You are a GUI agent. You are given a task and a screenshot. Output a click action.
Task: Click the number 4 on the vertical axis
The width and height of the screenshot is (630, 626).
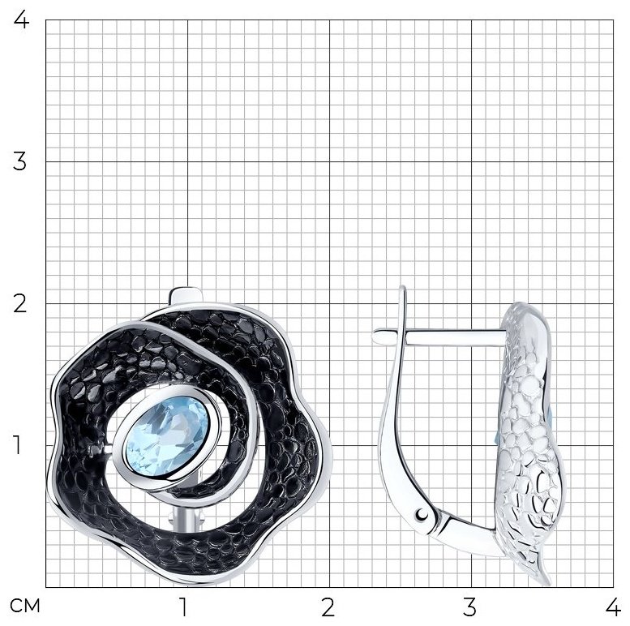tap(21, 19)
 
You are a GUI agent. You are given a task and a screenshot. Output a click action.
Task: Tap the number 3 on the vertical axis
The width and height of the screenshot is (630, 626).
tap(19, 161)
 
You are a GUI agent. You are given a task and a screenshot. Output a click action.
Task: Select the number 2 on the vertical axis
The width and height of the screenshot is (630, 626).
tap(20, 303)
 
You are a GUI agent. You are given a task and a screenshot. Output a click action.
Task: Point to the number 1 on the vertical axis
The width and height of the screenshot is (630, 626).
tap(17, 445)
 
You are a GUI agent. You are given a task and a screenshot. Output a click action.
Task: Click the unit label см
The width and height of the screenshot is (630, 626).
tap(25, 606)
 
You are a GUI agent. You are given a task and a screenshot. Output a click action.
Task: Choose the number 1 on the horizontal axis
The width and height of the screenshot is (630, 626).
tap(183, 607)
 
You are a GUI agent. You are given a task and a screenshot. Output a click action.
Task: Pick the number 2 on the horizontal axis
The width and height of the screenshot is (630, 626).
tap(328, 607)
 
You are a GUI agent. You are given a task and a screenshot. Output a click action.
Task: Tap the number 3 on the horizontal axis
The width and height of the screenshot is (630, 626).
tap(469, 607)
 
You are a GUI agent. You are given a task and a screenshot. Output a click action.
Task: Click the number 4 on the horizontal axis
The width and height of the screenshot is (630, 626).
tap(613, 607)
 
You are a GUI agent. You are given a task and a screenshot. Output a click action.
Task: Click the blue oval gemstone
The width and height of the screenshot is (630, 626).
tap(168, 436)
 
